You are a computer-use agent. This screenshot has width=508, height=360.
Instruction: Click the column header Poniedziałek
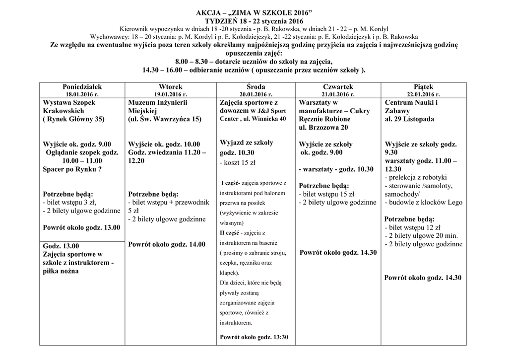pyautogui.click(x=82, y=86)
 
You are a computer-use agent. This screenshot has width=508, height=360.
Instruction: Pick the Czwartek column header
pyautogui.click(x=338, y=86)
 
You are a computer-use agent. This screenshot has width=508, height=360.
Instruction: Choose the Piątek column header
pyautogui.click(x=423, y=86)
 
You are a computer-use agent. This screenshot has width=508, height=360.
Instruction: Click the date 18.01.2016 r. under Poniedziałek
pyautogui.click(x=82, y=94)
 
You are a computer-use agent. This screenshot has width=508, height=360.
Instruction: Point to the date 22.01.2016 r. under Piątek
pyautogui.click(x=423, y=94)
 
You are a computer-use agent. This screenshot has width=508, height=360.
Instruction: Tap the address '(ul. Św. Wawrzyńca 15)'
pyautogui.click(x=165, y=119)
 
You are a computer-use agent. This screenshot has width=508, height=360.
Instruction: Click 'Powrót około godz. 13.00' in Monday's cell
pyautogui.click(x=81, y=227)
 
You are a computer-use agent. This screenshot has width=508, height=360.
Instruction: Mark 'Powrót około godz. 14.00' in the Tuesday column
pyautogui.click(x=166, y=244)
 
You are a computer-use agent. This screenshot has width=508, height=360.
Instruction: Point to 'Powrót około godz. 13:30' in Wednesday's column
pyautogui.click(x=253, y=337)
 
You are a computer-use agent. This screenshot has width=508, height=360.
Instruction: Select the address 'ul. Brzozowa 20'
pyautogui.click(x=323, y=128)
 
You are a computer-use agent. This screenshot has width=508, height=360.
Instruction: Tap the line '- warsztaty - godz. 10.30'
pyautogui.click(x=336, y=169)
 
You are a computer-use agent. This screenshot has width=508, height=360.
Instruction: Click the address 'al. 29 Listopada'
pyautogui.click(x=409, y=119)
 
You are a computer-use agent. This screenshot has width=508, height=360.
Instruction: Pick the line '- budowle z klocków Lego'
pyautogui.click(x=423, y=202)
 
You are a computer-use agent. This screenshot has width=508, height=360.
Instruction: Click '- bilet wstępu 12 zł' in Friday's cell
pyautogui.click(x=412, y=227)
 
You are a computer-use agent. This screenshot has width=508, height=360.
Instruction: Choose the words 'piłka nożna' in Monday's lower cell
pyautogui.click(x=61, y=271)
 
